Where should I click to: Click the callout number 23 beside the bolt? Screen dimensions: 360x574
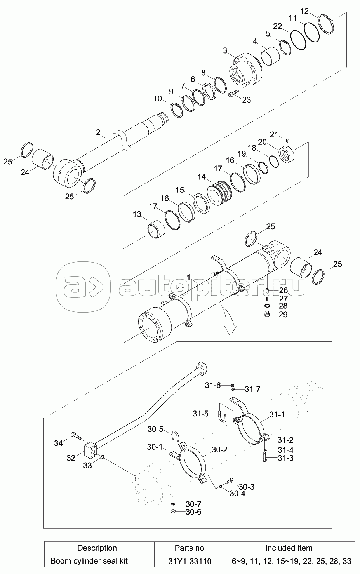(x=247, y=99)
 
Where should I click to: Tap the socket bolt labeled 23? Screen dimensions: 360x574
(x=233, y=93)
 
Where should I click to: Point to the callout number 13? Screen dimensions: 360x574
(x=137, y=214)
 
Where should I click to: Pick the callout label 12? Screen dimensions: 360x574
(x=304, y=11)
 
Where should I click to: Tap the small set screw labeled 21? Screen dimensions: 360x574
(x=288, y=141)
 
